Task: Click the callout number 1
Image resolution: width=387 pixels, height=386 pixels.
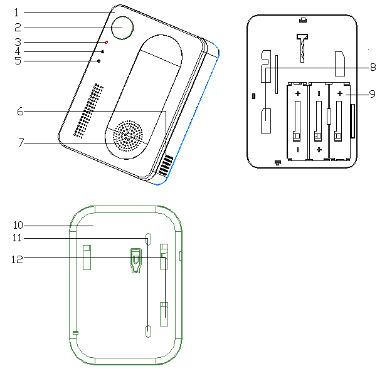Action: coord(16,13)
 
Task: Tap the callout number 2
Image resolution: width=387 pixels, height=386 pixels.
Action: coord(18,28)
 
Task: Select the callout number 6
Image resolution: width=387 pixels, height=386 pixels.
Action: coord(20,112)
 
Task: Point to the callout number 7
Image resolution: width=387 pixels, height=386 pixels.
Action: coord(21,143)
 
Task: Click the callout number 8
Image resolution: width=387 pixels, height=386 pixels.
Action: coord(373,67)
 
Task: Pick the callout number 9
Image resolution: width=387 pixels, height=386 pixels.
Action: coord(372,94)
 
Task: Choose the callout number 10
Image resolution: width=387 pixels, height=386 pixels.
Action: coord(18,225)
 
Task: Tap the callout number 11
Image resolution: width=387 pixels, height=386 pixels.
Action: coord(17,237)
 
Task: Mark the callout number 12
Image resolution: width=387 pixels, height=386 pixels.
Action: coord(17,259)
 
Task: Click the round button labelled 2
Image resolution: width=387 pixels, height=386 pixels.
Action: coord(122,28)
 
